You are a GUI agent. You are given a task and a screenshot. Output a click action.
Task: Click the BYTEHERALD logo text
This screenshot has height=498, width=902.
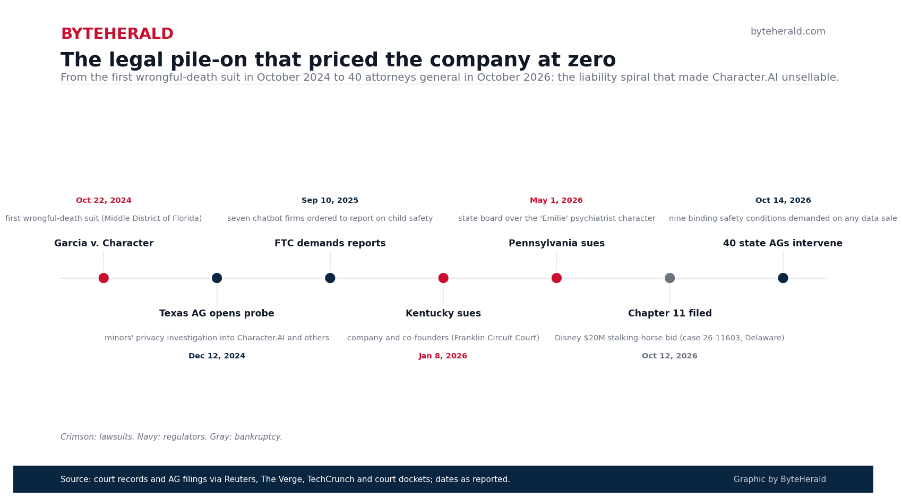(117, 34)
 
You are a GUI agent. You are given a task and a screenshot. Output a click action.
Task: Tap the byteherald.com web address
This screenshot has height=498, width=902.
(788, 31)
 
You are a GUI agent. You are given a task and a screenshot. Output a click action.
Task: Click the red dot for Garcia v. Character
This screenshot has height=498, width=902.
(104, 278)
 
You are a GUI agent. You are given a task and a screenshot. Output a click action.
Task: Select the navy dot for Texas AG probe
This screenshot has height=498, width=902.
(217, 278)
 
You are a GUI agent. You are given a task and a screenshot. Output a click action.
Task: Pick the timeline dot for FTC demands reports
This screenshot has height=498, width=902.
(330, 278)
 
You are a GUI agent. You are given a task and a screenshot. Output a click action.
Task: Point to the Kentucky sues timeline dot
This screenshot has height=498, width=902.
(443, 278)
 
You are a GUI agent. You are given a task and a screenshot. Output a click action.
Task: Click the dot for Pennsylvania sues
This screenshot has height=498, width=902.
(556, 278)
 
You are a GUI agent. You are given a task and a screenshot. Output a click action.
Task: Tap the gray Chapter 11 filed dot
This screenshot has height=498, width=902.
(669, 278)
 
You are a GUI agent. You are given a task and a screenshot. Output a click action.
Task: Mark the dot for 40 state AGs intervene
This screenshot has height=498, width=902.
(783, 278)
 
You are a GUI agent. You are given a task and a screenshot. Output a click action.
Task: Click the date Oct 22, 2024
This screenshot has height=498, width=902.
(104, 201)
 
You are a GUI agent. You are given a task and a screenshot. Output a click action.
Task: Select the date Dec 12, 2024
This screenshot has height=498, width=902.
(217, 356)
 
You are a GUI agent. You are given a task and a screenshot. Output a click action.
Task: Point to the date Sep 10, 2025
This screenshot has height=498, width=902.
(330, 201)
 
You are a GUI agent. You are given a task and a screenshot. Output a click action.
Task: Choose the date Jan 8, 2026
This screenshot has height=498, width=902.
(443, 356)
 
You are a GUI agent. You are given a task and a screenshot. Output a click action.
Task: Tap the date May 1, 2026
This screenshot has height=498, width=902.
(556, 201)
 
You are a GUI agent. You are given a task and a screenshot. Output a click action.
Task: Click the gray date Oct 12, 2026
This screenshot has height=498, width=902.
(669, 356)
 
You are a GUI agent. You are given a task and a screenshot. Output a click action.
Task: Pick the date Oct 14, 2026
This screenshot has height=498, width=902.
(783, 201)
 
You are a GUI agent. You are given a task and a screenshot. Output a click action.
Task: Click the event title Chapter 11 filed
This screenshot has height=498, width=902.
(669, 313)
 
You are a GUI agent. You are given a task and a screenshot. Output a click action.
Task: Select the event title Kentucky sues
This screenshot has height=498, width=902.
(443, 313)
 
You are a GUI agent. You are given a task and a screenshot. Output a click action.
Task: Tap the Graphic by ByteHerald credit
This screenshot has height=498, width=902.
(779, 479)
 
